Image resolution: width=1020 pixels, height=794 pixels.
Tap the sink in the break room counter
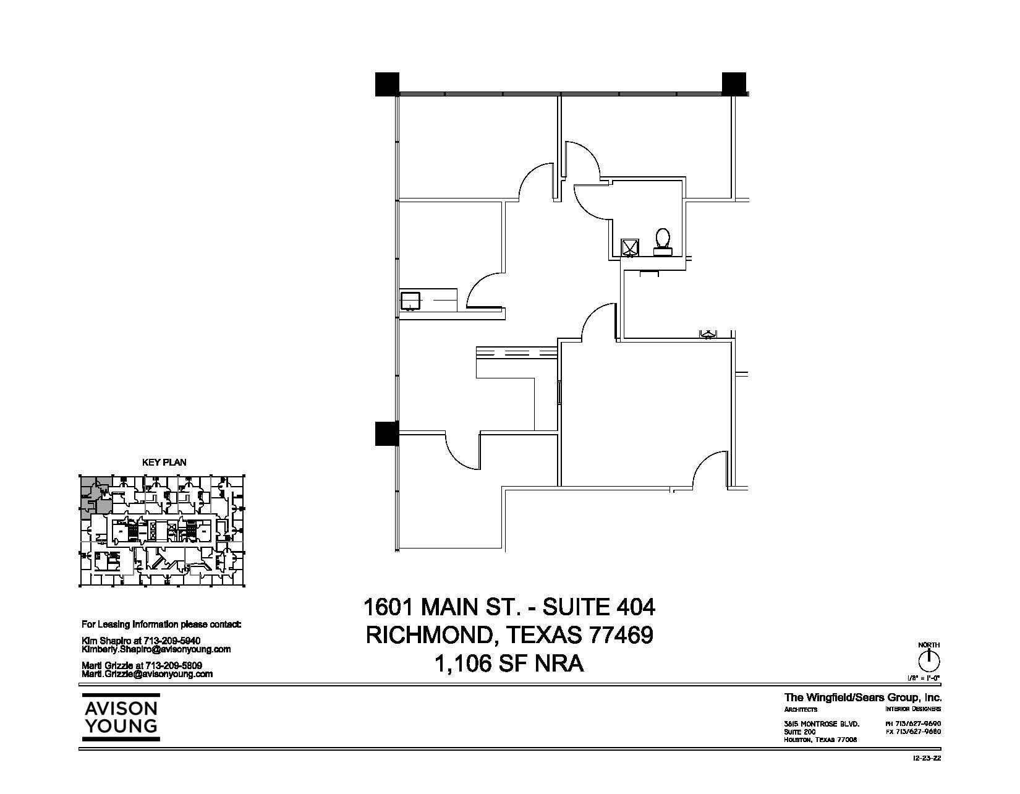tap(409, 301)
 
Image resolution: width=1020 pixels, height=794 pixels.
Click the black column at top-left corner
tap(387, 84)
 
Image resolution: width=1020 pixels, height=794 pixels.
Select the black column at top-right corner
tap(734, 83)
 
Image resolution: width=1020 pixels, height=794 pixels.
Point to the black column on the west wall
tap(387, 433)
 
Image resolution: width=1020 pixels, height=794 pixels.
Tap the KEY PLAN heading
tap(164, 462)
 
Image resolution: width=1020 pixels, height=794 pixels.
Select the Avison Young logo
tap(121, 717)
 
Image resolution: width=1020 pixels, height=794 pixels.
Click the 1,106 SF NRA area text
tap(509, 664)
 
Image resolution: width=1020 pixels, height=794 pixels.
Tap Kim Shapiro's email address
tap(156, 649)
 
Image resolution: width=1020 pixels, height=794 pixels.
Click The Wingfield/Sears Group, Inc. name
tap(862, 698)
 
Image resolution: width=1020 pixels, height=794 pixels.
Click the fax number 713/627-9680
tap(913, 732)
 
